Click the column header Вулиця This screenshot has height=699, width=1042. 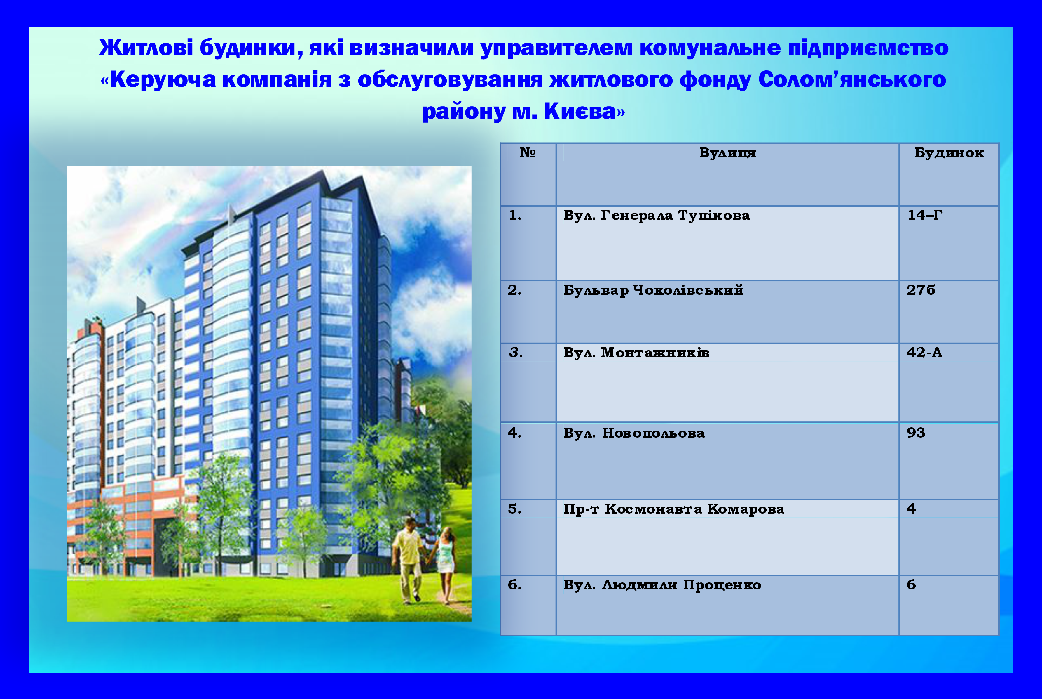727,153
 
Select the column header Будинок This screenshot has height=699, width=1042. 949,152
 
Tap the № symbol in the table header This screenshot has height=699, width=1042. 528,152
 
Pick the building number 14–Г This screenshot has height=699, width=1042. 925,215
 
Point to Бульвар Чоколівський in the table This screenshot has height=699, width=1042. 653,290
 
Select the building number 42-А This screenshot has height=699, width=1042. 924,353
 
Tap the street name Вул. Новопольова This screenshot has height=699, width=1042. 634,433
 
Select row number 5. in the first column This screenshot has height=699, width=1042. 514,509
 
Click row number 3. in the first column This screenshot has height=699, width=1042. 516,353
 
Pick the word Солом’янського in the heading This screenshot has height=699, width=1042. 852,79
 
